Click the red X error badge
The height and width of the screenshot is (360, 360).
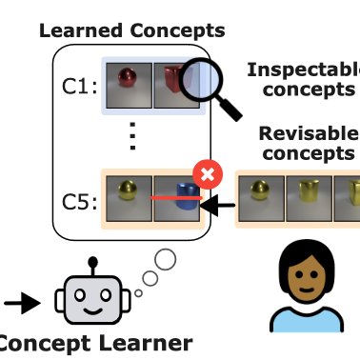click(x=205, y=174)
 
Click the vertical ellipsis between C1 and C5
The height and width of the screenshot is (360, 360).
click(x=132, y=141)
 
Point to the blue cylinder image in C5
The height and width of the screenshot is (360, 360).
click(x=184, y=201)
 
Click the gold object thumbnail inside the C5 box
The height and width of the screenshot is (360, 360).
click(x=129, y=201)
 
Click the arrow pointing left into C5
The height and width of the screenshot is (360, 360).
click(x=222, y=203)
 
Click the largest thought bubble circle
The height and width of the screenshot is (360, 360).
click(x=166, y=258)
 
